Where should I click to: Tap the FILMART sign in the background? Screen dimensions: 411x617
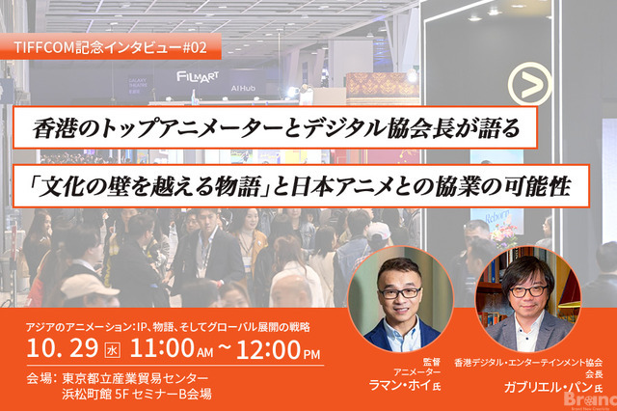click(x=199, y=74)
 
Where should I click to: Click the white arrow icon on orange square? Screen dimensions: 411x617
click(x=529, y=85)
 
